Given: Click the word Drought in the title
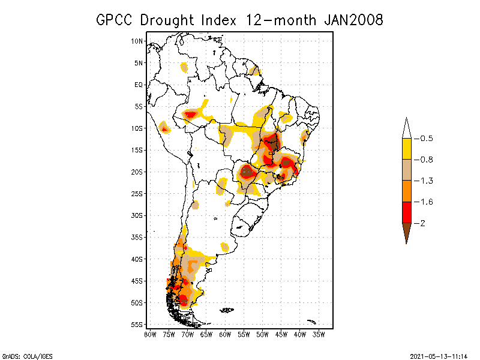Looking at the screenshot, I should click(x=169, y=20).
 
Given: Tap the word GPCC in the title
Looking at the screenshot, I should click(x=115, y=20).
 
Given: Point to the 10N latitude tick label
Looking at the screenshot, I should click(x=137, y=41).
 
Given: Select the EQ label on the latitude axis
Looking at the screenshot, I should click(x=139, y=85).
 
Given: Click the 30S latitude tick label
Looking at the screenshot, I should click(x=137, y=215).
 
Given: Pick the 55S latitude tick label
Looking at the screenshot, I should click(x=137, y=325).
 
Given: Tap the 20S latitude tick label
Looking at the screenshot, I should click(x=137, y=172).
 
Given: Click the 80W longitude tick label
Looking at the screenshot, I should click(x=150, y=334).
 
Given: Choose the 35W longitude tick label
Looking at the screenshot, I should click(x=319, y=334).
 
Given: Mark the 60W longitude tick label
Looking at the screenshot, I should click(x=225, y=334).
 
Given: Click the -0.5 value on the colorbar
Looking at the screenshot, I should click(x=426, y=139).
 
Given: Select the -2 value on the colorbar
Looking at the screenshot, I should click(x=424, y=223).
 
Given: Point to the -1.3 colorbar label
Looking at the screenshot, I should click(x=426, y=181).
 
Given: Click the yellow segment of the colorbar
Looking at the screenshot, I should click(x=407, y=149).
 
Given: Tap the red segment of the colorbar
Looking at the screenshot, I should click(x=407, y=212).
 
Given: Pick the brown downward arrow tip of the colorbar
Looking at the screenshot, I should click(x=407, y=234).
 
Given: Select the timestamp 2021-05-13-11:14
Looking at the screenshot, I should click(x=439, y=356).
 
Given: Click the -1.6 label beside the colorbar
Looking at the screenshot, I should click(x=426, y=202).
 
